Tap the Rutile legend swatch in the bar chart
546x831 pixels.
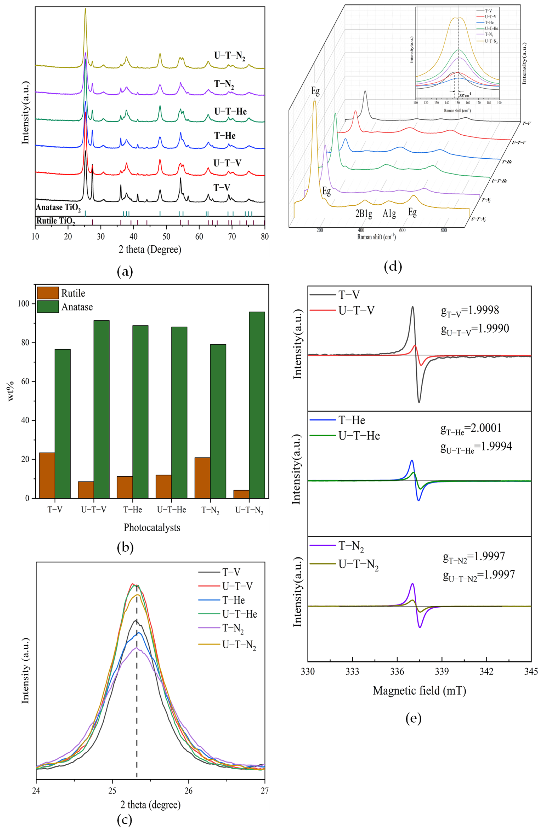(x=48, y=293)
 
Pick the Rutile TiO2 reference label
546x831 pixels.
(x=55, y=221)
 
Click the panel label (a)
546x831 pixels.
(x=125, y=271)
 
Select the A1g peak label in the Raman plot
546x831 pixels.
(x=389, y=213)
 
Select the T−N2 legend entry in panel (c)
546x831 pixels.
(x=233, y=629)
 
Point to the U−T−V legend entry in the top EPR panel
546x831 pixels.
(x=356, y=310)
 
